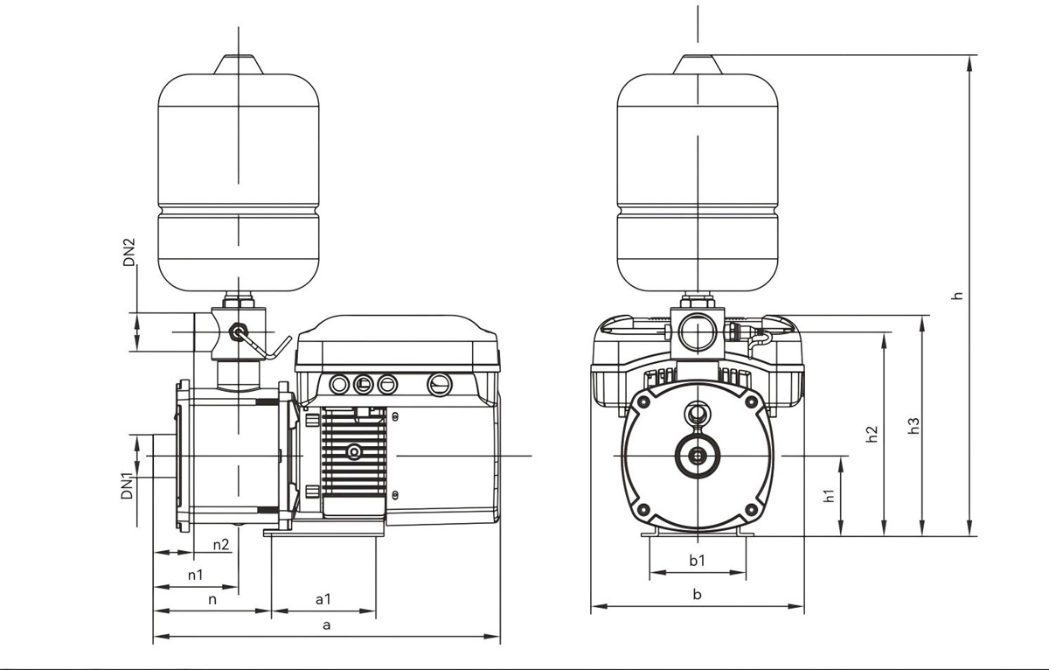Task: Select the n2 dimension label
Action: click(x=221, y=544)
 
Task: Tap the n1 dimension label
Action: click(x=195, y=575)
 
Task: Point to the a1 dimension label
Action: click(x=323, y=599)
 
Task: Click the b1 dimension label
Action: click(x=697, y=560)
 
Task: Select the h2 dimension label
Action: click(x=872, y=433)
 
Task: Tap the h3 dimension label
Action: click(x=914, y=425)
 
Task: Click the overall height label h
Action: click(x=958, y=295)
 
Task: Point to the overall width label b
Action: click(x=697, y=595)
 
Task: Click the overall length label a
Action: click(x=327, y=625)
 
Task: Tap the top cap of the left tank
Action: click(x=237, y=65)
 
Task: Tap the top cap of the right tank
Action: click(x=698, y=65)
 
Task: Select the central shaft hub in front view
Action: click(x=698, y=455)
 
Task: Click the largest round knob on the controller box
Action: click(x=439, y=384)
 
